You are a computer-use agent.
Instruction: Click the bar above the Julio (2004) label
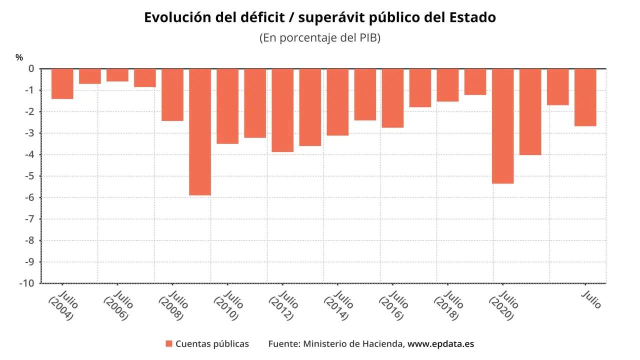pyautogui.click(x=62, y=83)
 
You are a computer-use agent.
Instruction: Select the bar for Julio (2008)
pyautogui.click(x=172, y=94)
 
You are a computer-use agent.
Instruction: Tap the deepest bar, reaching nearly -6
pyautogui.click(x=200, y=131)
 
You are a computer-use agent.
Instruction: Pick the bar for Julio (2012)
pyautogui.click(x=282, y=110)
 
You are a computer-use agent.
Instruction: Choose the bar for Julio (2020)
pyautogui.click(x=502, y=126)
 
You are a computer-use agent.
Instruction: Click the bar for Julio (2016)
pyautogui.click(x=392, y=98)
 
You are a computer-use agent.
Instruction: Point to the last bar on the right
pyautogui.click(x=585, y=97)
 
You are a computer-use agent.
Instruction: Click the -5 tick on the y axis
pyautogui.click(x=30, y=176)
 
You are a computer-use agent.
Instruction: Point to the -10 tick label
pyautogui.click(x=27, y=283)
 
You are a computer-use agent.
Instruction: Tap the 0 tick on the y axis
pyautogui.click(x=31, y=68)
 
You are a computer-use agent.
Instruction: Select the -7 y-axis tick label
pyautogui.click(x=30, y=219)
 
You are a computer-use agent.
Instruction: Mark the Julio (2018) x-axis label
pyautogui.click(x=448, y=305)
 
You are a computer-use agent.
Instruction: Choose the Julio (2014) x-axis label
pyautogui.click(x=338, y=305)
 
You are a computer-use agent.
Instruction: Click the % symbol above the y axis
pyautogui.click(x=19, y=57)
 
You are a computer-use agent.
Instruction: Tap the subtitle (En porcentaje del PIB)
pyautogui.click(x=320, y=38)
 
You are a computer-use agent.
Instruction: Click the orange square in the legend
pyautogui.click(x=169, y=344)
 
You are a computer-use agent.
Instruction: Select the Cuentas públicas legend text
pyautogui.click(x=212, y=344)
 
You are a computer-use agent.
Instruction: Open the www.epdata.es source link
pyautogui.click(x=440, y=344)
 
